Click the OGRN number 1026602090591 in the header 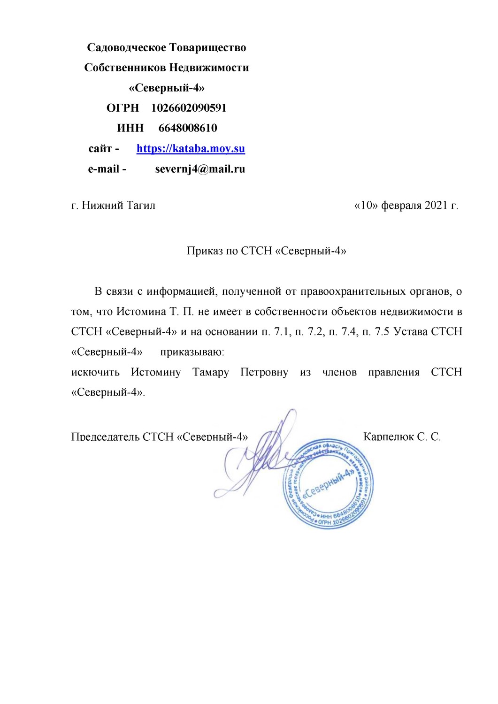[x=189, y=108]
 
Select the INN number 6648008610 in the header [x=188, y=128]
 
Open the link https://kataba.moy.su [x=191, y=149]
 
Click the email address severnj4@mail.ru [x=200, y=169]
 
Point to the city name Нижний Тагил [x=119, y=206]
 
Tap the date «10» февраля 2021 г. [x=406, y=206]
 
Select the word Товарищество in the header [x=207, y=47]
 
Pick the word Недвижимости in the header [x=209, y=68]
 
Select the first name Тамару [x=211, y=373]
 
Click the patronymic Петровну [x=264, y=373]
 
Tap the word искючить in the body [x=95, y=373]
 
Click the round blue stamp [x=329, y=483]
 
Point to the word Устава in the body [x=410, y=332]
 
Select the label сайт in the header [x=100, y=149]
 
